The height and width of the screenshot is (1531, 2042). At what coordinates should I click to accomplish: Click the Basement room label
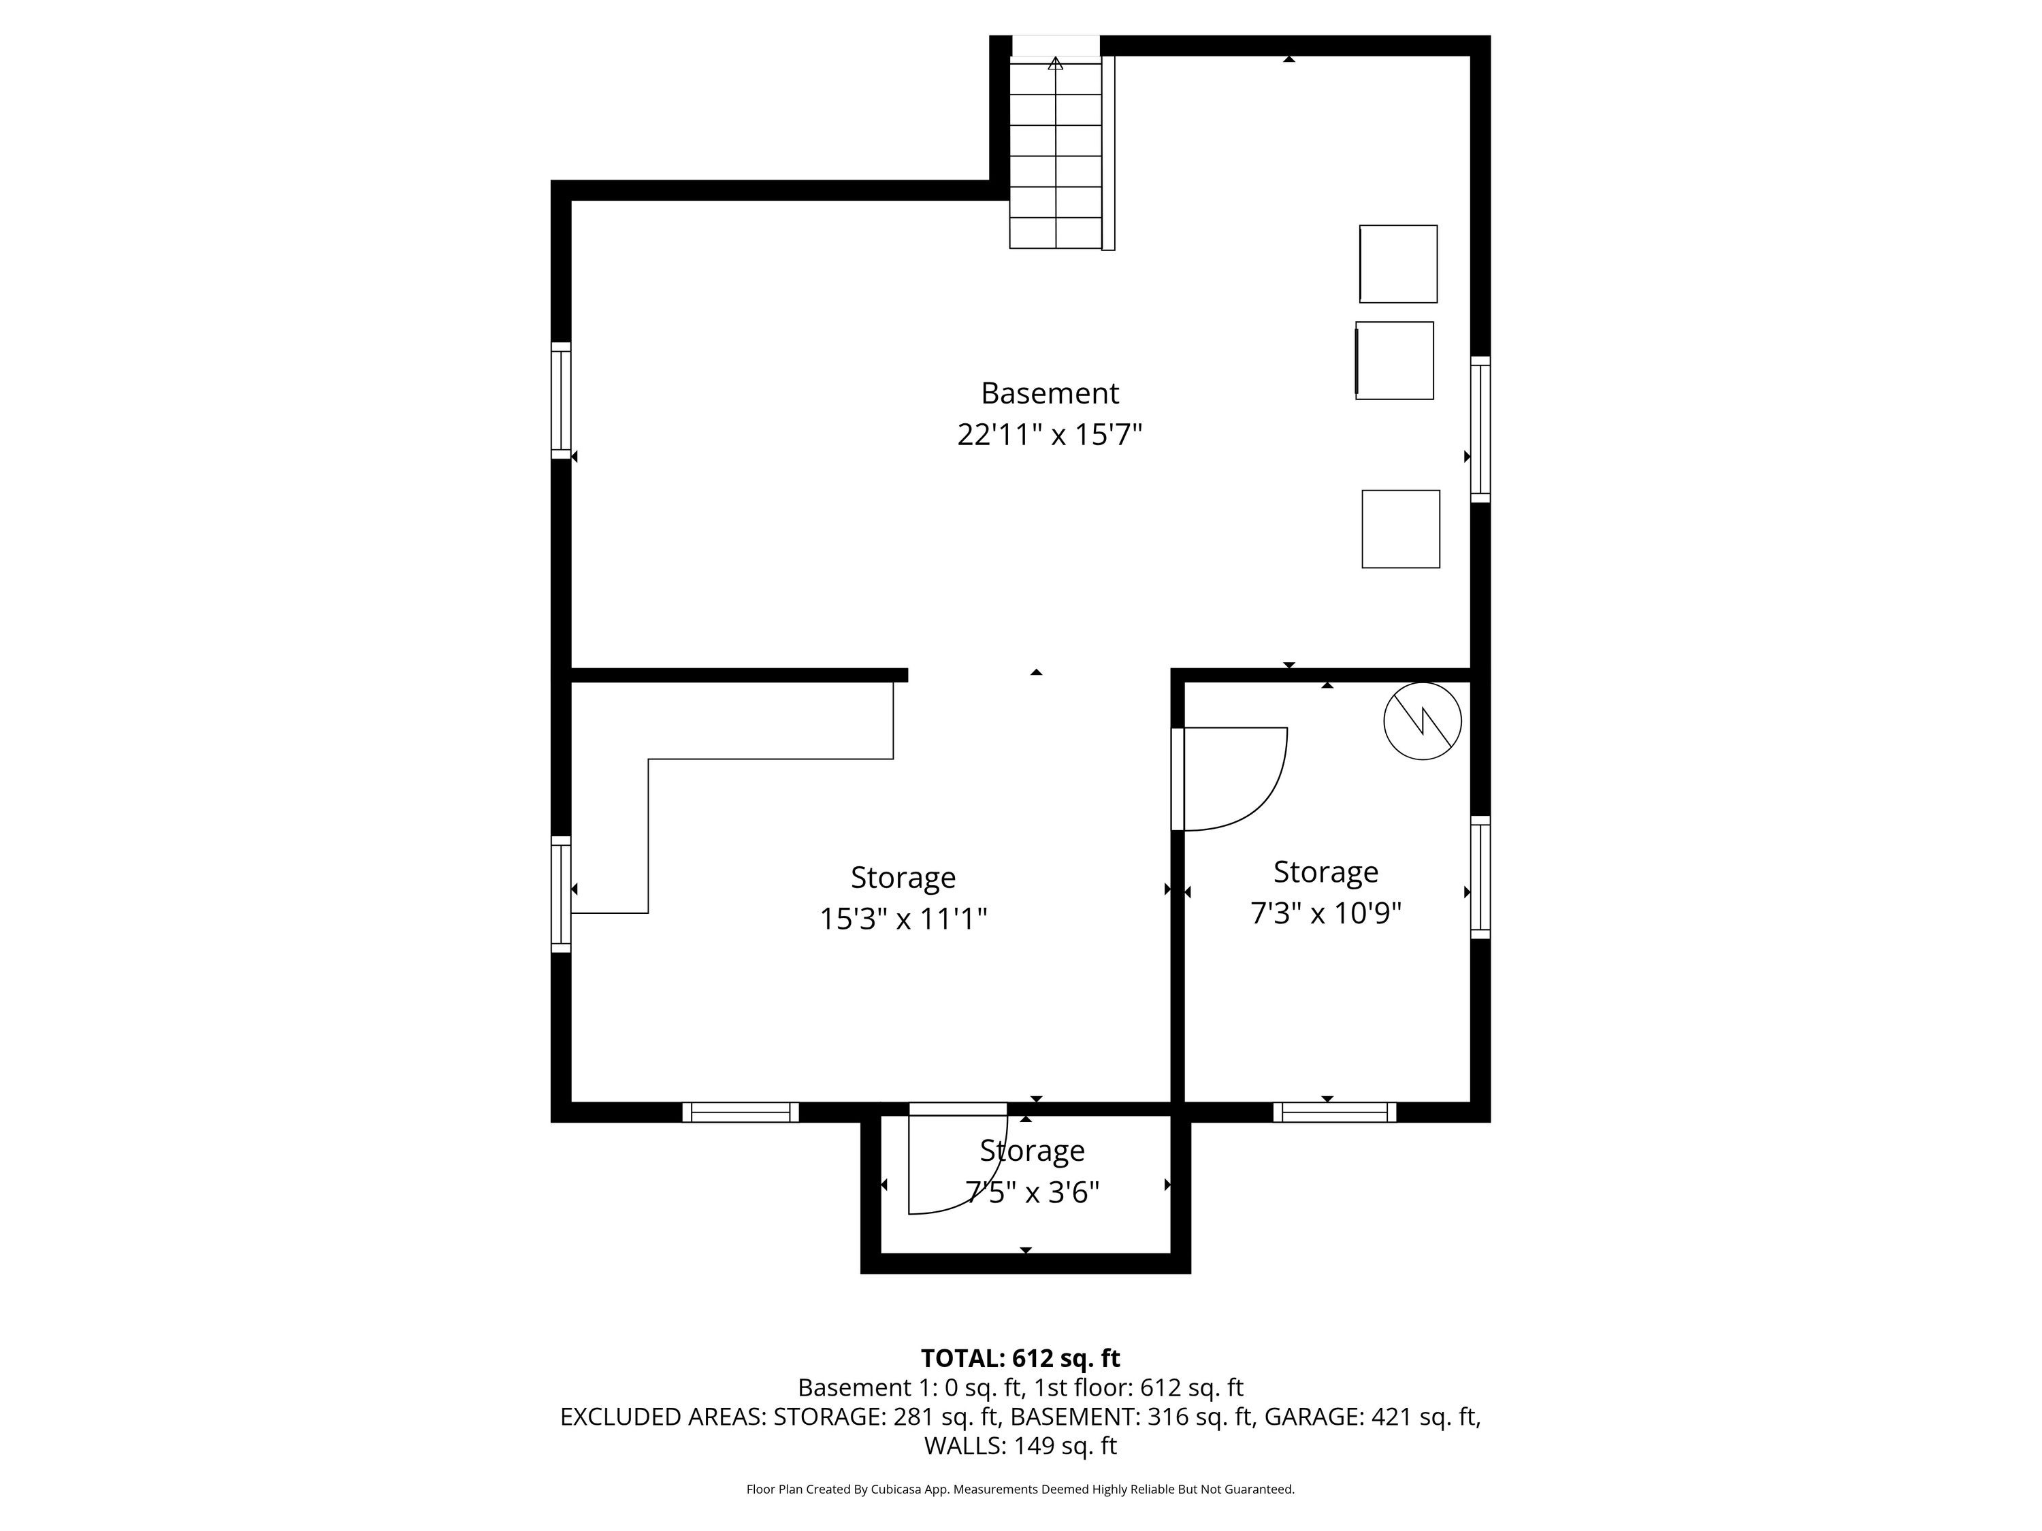(1050, 393)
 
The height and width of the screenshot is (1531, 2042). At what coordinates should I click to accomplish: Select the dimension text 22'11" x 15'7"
(1050, 435)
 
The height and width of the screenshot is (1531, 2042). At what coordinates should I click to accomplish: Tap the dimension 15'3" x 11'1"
(904, 919)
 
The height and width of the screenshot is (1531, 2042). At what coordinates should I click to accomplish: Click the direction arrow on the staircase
(1055, 64)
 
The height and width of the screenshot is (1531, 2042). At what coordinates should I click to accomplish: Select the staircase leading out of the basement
(1062, 153)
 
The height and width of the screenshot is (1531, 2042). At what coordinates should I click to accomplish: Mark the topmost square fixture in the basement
(1397, 264)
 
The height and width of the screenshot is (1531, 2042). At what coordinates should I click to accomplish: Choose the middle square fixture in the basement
(1394, 361)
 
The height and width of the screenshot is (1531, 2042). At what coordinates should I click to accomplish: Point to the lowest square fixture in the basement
(1400, 529)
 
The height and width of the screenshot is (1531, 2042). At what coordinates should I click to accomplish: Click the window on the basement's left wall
(562, 401)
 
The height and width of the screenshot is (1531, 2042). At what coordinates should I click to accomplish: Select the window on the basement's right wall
(1480, 429)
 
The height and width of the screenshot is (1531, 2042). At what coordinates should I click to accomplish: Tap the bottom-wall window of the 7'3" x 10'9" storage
(1335, 1112)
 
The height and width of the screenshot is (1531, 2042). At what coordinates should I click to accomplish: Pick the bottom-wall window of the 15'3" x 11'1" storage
(741, 1112)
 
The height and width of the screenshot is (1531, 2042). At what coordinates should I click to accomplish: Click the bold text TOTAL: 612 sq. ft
(1020, 1358)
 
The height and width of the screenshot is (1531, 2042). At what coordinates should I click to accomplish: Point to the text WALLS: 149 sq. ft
(1021, 1446)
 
